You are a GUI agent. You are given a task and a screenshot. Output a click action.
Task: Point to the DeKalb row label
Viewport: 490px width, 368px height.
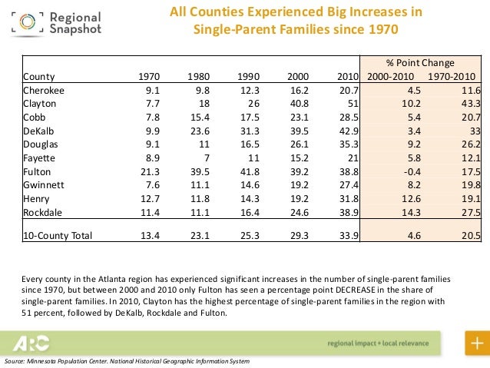click(38, 130)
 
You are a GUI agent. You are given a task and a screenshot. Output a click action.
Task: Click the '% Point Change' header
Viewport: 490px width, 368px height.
click(419, 63)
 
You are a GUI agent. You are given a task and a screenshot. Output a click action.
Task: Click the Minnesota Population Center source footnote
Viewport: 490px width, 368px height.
click(127, 361)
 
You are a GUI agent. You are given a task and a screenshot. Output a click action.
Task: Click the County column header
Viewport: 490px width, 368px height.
click(38, 76)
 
